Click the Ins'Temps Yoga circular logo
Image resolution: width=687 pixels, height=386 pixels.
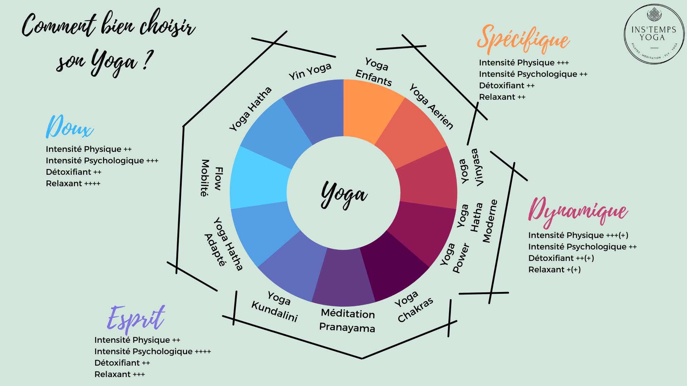[x=654, y=34]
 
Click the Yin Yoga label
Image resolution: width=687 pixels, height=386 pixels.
[x=310, y=71]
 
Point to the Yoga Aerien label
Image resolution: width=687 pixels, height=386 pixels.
[x=431, y=106]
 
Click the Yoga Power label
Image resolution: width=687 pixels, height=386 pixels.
[x=454, y=258]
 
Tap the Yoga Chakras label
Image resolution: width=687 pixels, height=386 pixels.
[x=413, y=307]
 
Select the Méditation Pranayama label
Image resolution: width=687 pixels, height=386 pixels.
[x=347, y=320]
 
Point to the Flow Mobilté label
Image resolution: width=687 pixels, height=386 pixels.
[x=211, y=178]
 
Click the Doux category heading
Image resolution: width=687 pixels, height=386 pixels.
[x=70, y=127]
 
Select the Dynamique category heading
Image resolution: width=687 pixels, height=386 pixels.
[x=578, y=212]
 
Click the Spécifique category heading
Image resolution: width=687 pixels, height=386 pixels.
[x=523, y=39]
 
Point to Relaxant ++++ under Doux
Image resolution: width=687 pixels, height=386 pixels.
[x=73, y=183]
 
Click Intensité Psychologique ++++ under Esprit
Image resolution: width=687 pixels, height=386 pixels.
[x=153, y=351]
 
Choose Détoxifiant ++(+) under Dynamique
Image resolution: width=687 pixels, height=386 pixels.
[x=561, y=258]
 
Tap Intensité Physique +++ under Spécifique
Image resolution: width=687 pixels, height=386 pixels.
[x=524, y=63]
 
